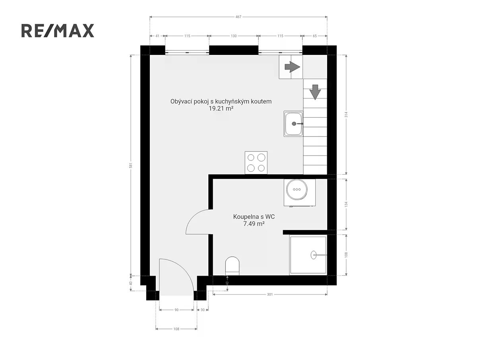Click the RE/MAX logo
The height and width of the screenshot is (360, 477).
coord(58,31)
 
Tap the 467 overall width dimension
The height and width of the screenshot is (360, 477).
coord(238,17)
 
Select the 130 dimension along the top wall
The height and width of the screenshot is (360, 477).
coord(234,36)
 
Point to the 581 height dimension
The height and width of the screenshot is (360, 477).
coord(131,165)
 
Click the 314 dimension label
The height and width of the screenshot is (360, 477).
coord(346,115)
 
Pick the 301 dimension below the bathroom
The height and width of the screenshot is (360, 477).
coord(270,294)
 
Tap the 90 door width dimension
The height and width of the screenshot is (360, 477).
coord(176,310)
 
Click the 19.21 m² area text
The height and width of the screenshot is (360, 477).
coord(221,109)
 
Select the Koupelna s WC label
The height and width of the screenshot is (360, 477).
coord(254,216)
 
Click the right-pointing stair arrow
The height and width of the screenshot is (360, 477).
coord(292,67)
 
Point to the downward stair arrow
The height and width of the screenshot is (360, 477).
coord(315,92)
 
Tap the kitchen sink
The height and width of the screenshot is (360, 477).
coord(293,124)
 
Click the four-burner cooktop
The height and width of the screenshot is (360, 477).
coord(256,163)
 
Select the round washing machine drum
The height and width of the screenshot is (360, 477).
coord(297,189)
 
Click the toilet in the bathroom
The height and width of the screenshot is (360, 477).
coord(232,266)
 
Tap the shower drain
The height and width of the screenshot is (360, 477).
coord(313,255)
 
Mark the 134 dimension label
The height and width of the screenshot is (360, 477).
coord(346,204)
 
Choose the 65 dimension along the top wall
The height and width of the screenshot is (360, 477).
coord(315,36)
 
